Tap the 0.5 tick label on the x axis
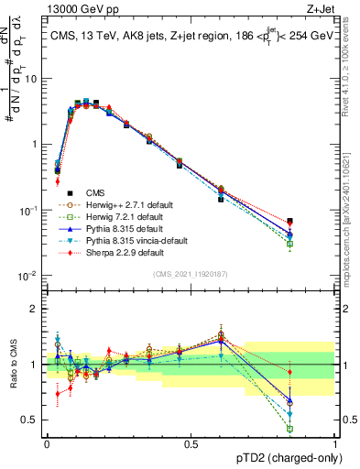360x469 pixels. [x=191, y=443]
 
